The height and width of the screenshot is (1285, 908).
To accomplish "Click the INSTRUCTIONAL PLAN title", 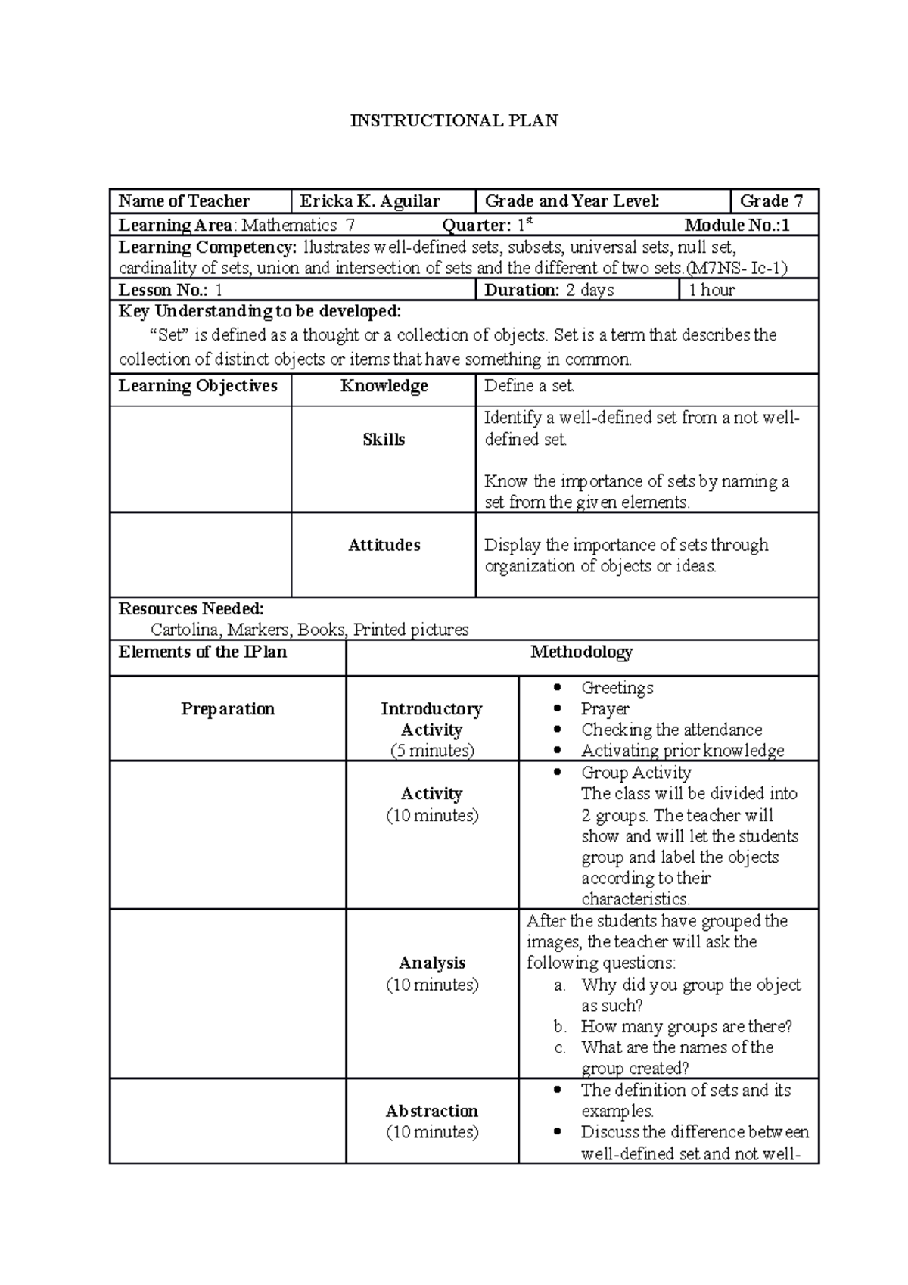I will [x=453, y=121].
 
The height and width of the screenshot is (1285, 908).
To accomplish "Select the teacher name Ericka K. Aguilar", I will [x=369, y=201].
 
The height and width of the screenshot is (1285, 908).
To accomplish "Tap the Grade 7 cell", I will [x=771, y=201].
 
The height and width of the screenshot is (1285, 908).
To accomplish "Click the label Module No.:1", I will [x=736, y=226].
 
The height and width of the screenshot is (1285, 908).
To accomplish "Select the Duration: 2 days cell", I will [x=549, y=291].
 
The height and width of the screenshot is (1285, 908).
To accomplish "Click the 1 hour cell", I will [x=711, y=291].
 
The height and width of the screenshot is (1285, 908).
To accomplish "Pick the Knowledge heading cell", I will [x=384, y=387].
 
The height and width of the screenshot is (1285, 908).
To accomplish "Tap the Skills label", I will [x=384, y=440].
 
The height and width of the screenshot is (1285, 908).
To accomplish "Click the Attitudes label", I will [x=384, y=546].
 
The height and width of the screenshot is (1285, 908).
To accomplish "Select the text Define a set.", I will [x=529, y=387].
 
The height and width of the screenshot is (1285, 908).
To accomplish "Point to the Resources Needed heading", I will [x=191, y=609].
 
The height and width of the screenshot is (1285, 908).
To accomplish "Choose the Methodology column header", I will [x=581, y=652].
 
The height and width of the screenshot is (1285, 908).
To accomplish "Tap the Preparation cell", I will [x=228, y=709].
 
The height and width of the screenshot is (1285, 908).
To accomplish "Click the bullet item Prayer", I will [x=605, y=709].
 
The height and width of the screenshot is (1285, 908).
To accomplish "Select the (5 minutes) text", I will [x=432, y=751].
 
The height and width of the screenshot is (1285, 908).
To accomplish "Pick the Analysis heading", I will [x=432, y=963].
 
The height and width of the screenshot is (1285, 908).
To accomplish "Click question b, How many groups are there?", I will [x=686, y=1027].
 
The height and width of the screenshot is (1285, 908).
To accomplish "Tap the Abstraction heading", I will [x=432, y=1112].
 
